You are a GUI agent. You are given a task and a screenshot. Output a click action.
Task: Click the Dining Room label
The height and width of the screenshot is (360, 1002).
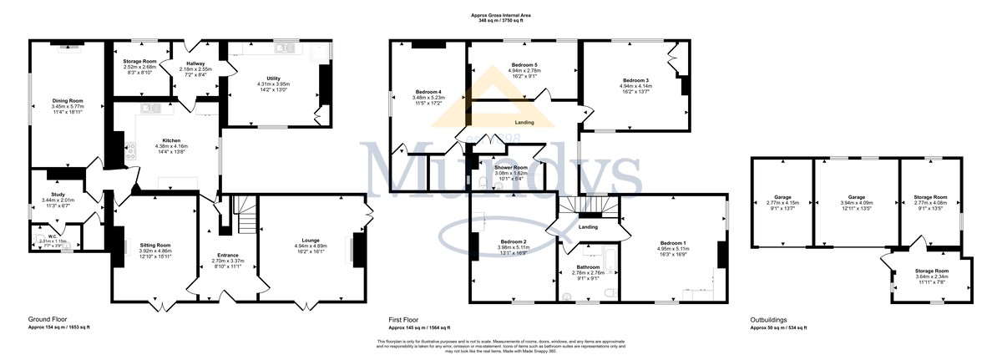click(68, 100)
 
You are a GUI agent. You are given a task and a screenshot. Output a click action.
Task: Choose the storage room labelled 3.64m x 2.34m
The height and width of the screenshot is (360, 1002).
click(931, 271)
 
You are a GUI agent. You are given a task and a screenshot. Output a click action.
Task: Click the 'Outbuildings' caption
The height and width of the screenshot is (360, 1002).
click(770, 319)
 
